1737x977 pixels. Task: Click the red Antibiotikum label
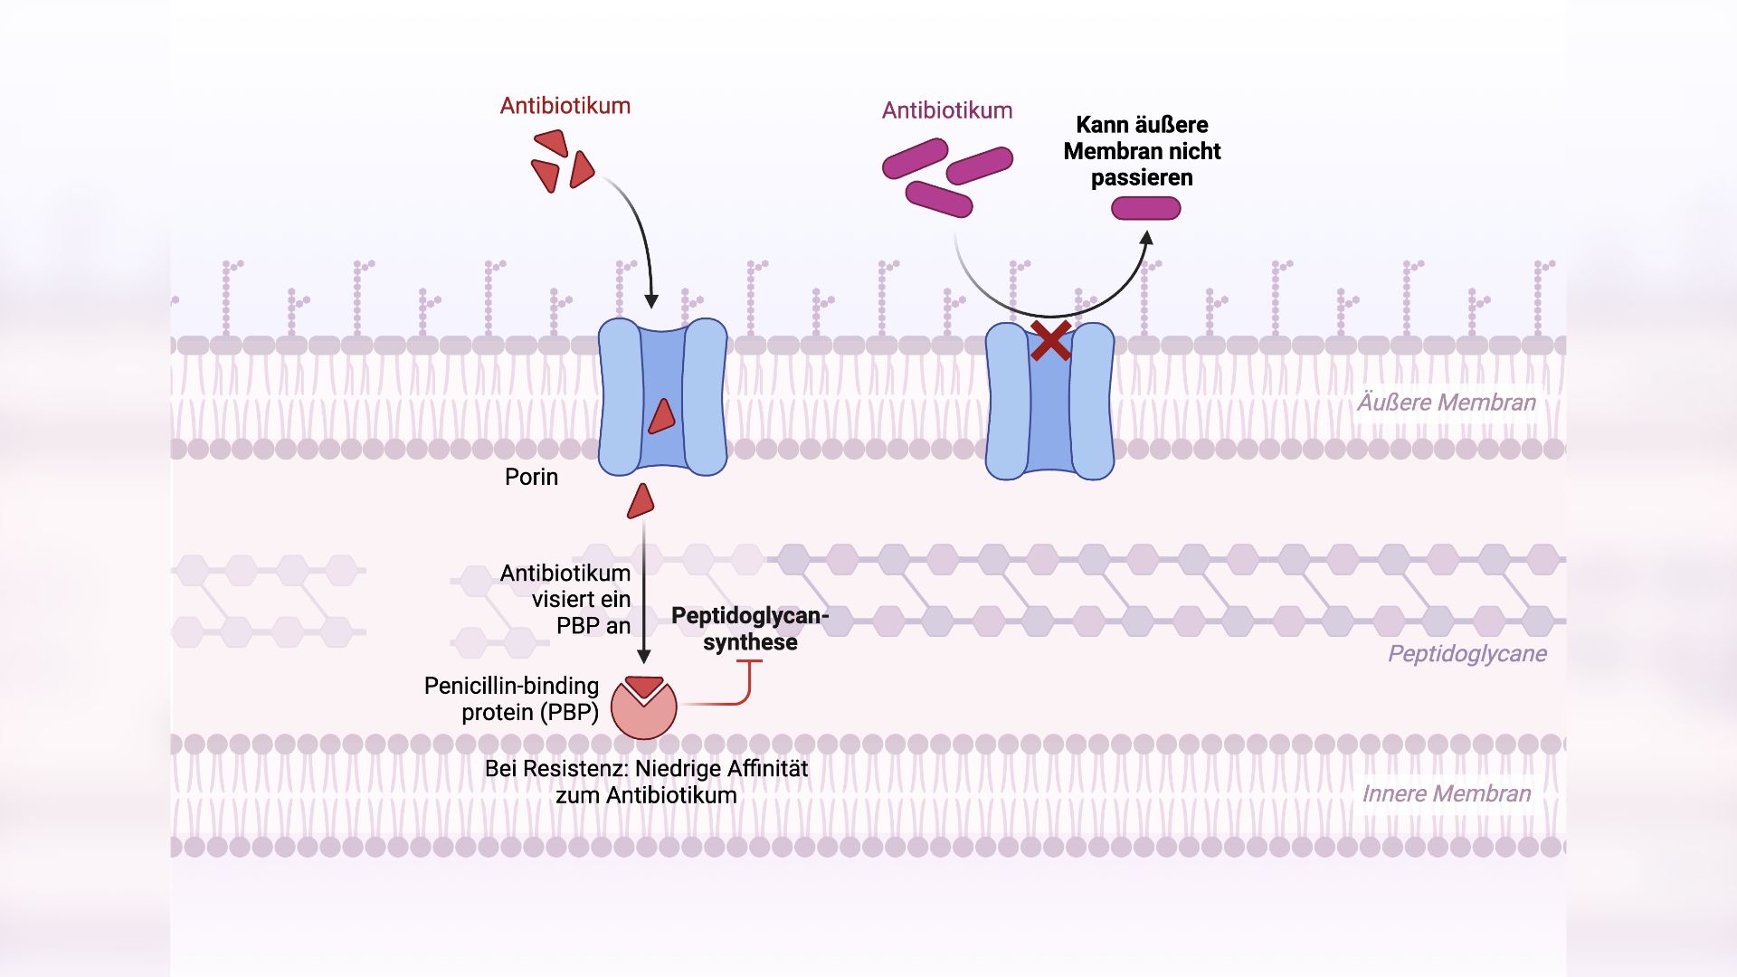[565, 106]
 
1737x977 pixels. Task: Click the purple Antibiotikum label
[946, 110]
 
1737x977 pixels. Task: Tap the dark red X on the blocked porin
[1050, 341]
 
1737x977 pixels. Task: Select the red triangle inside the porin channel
[662, 416]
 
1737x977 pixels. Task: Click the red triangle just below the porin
[641, 501]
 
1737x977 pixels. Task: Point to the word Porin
[531, 477]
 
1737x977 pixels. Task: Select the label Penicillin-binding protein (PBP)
[512, 698]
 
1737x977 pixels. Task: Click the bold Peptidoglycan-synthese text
[749, 628]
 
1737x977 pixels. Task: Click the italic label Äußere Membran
[1446, 403]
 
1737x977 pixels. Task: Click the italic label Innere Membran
[1446, 793]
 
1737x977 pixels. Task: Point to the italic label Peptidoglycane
[1466, 653]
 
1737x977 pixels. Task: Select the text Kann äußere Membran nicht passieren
[1141, 151]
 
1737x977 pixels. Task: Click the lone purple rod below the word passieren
[1145, 209]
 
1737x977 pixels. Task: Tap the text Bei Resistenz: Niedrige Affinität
[646, 769]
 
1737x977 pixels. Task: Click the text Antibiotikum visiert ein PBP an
[566, 599]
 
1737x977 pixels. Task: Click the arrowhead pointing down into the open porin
[650, 301]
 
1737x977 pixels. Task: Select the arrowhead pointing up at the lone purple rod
[1146, 238]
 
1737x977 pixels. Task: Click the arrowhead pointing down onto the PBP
[643, 657]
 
